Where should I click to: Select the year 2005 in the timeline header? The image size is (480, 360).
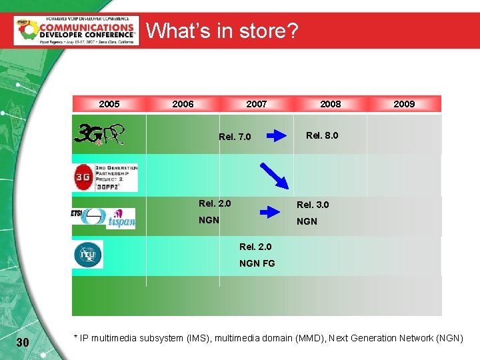[x=109, y=103]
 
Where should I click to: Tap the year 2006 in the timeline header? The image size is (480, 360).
[x=183, y=103]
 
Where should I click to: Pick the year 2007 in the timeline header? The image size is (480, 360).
[x=256, y=103]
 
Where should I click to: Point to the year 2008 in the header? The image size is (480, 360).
[x=330, y=103]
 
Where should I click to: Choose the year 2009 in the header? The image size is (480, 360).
[x=404, y=103]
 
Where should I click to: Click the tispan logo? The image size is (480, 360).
[x=123, y=217]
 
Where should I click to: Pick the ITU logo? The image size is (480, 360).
[x=88, y=255]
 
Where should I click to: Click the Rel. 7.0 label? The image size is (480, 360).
[x=235, y=137]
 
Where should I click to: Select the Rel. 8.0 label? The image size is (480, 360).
[x=322, y=135]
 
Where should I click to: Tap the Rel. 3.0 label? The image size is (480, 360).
[x=313, y=205]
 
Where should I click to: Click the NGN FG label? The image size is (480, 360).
[x=257, y=263]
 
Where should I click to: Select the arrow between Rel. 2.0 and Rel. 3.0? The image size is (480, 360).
[x=271, y=212]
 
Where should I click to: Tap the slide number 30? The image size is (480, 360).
[x=22, y=342]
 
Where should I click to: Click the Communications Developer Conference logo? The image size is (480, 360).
[x=76, y=30]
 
